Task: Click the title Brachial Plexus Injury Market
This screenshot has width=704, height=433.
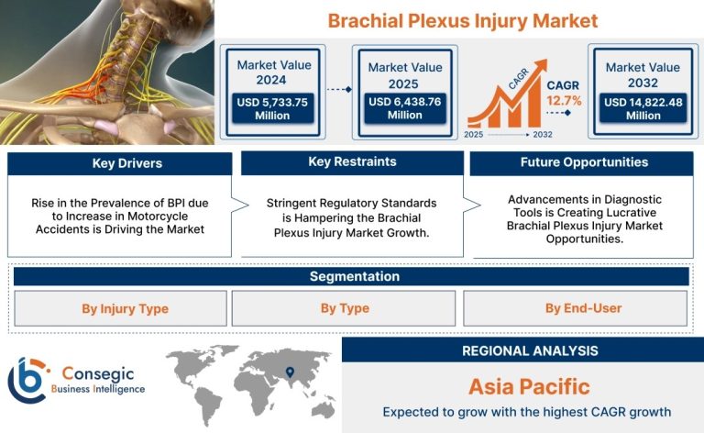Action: coord(462,21)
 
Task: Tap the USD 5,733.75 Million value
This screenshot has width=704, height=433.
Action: coord(272,108)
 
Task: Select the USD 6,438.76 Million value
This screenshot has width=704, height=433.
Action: coord(405,108)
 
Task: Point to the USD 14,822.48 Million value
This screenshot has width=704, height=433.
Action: coord(643,108)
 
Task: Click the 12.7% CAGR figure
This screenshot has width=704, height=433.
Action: coord(564,101)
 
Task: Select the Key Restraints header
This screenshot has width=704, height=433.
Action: coord(352,162)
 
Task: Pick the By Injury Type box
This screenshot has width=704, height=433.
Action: coord(120,308)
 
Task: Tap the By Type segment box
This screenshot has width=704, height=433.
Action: coord(344,308)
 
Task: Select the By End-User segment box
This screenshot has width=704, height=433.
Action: coord(575,308)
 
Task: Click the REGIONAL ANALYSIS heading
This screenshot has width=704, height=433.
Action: coord(530,350)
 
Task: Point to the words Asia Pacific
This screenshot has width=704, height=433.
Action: coord(529,387)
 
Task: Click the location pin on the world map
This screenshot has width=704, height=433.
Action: coord(290,372)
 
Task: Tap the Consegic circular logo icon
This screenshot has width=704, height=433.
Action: coord(27,381)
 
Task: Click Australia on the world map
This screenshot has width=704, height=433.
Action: coord(323,409)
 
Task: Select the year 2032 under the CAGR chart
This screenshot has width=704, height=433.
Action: coord(543,135)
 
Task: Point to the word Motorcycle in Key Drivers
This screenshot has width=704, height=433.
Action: coord(158,216)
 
